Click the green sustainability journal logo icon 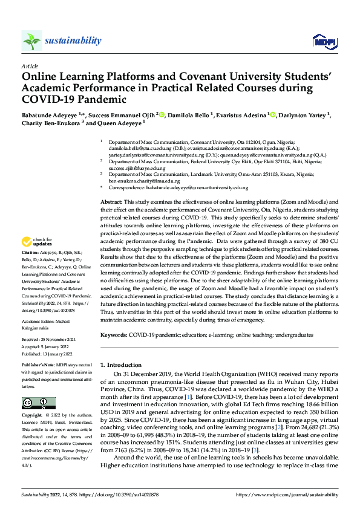[x=32, y=41]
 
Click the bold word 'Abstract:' [x=111, y=201]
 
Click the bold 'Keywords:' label [x=114, y=334]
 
